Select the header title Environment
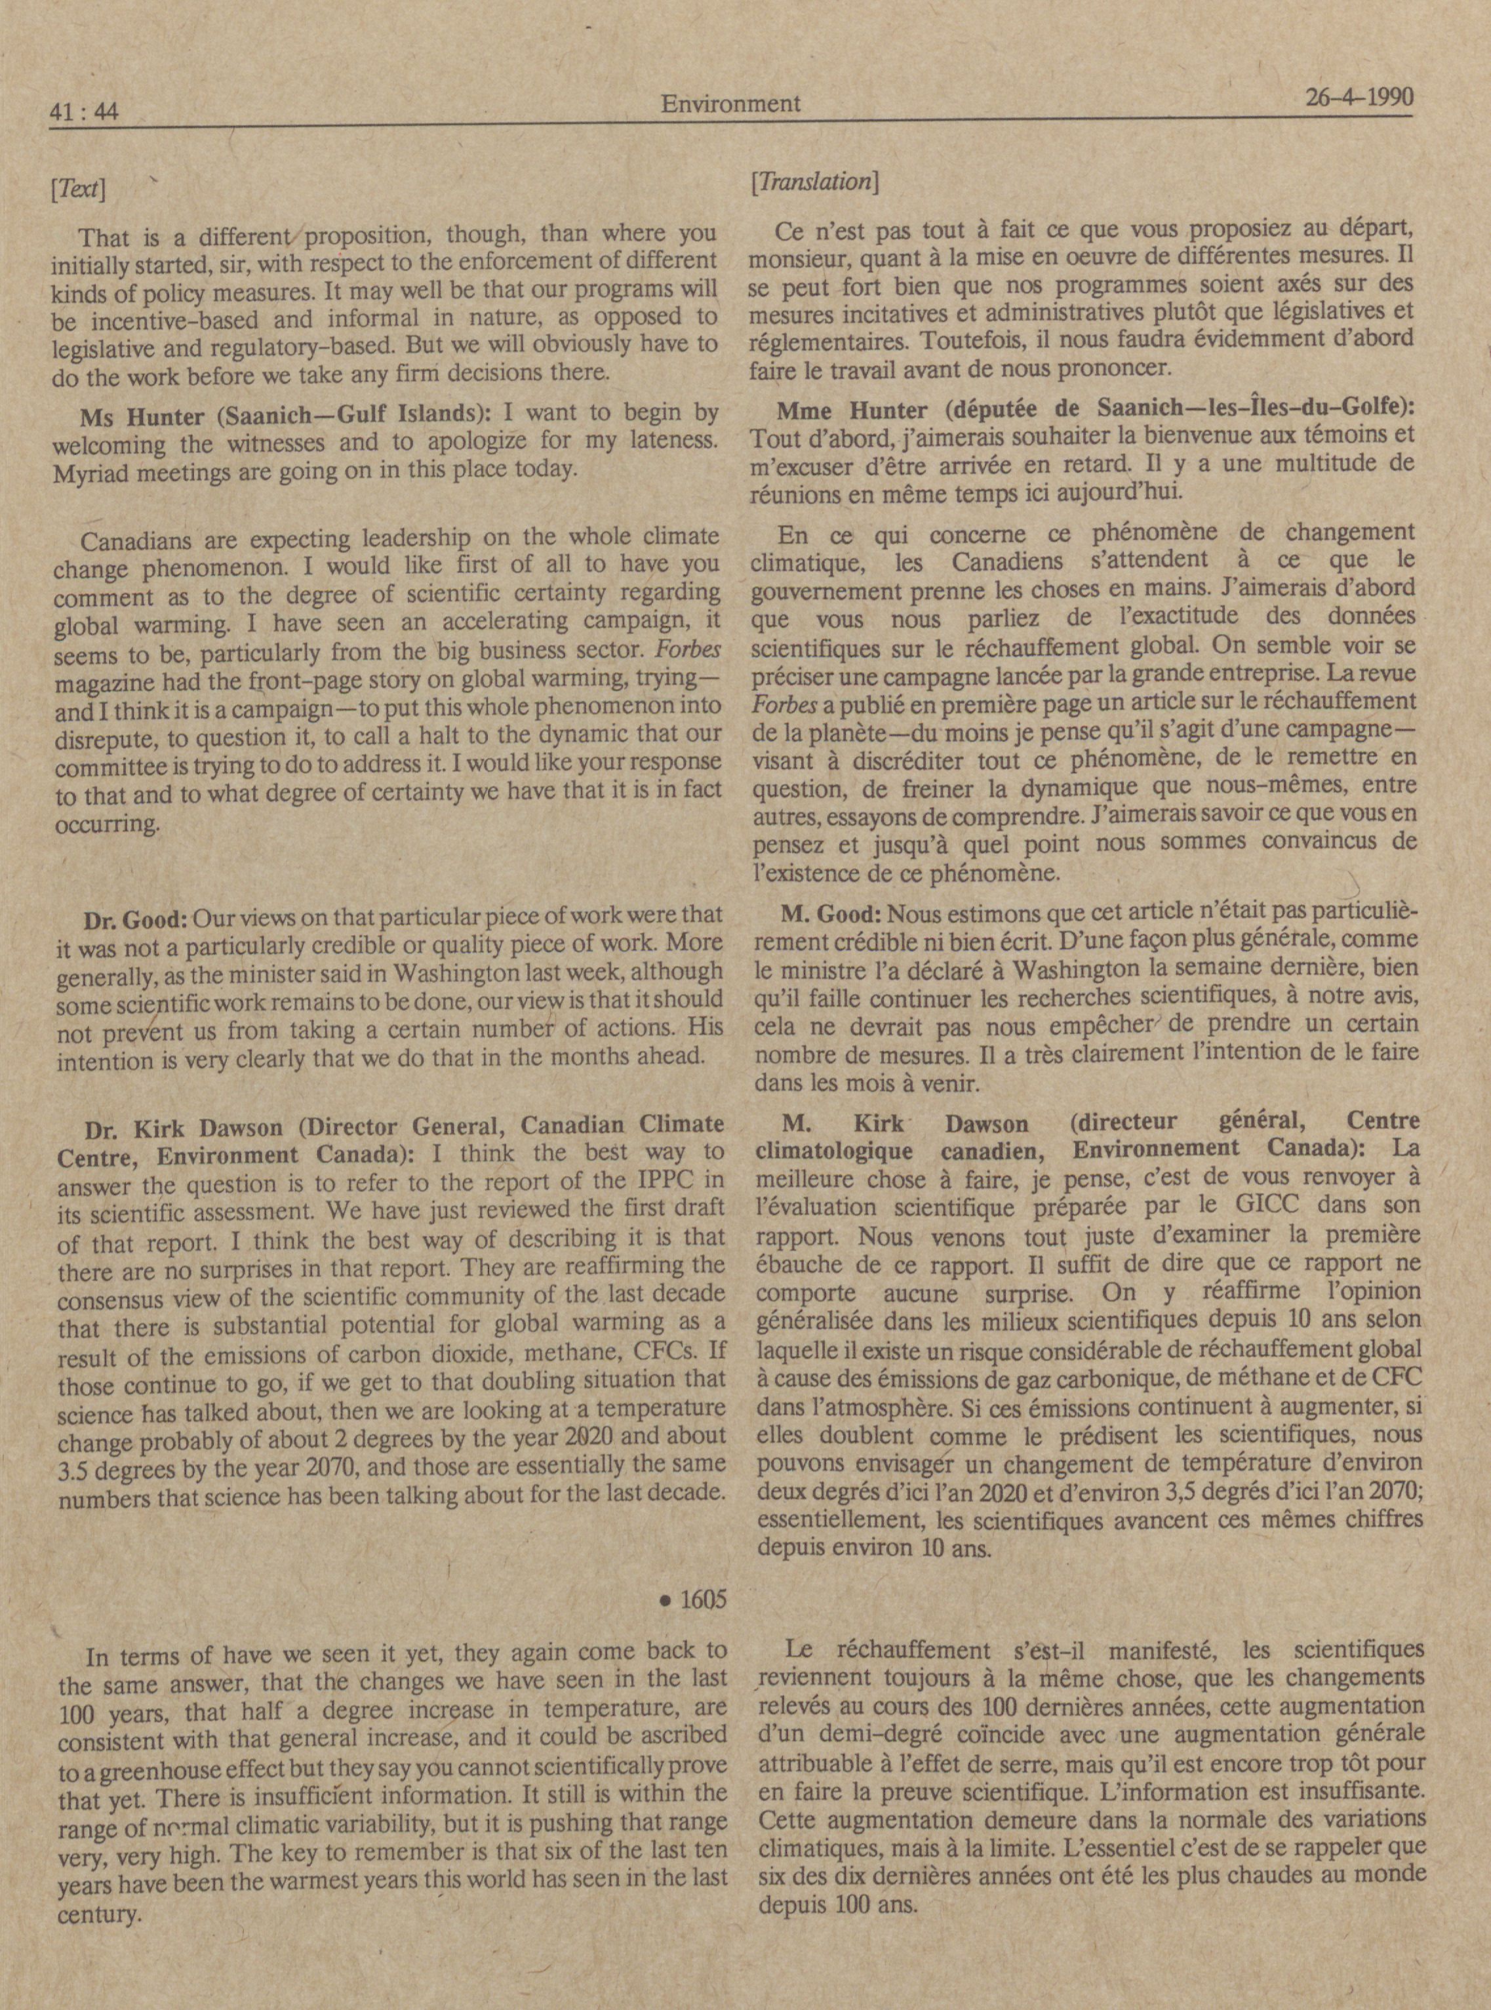(x=730, y=104)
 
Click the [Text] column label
(x=79, y=190)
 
